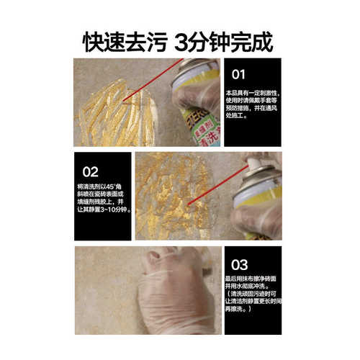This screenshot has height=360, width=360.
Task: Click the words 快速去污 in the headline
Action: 122,41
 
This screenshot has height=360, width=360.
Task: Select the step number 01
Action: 238,73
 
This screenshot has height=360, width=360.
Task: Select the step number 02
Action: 90,172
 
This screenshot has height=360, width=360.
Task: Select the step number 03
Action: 239,264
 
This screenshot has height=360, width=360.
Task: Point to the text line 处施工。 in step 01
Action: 236,116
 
